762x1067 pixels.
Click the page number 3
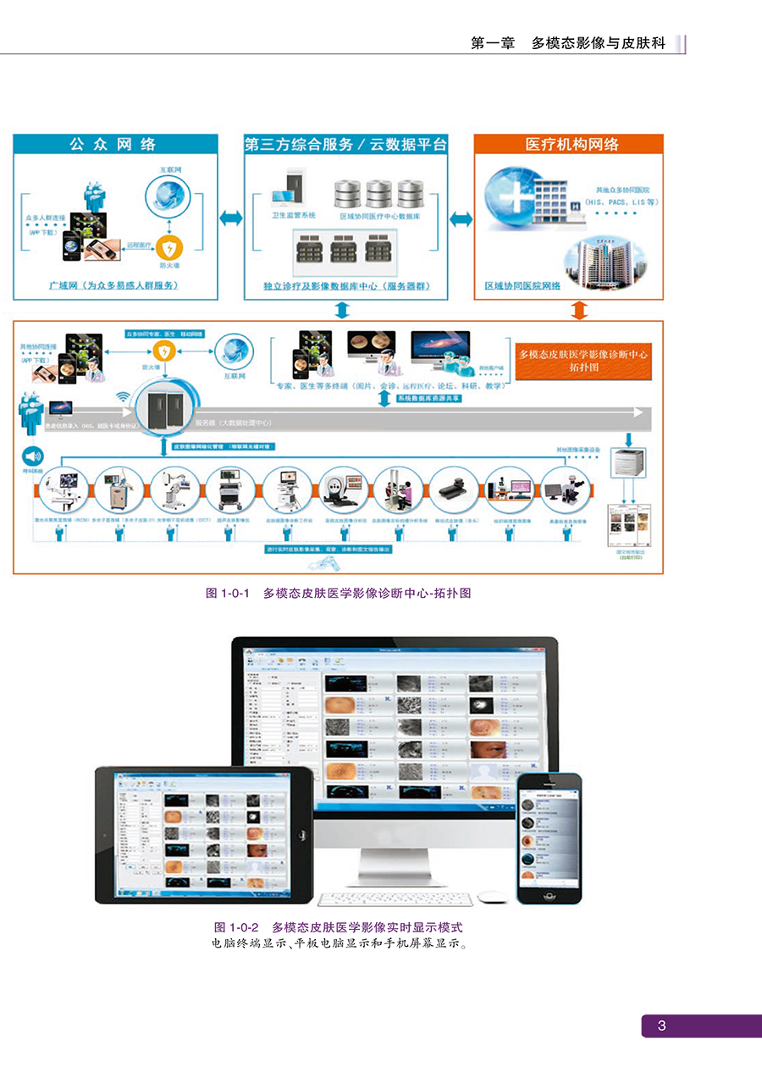point(662,1026)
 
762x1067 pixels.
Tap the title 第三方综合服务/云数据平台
point(345,144)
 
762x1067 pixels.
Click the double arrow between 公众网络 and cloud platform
point(229,218)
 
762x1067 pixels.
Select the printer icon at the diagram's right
point(630,462)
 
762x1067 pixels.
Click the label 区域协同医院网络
point(522,286)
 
